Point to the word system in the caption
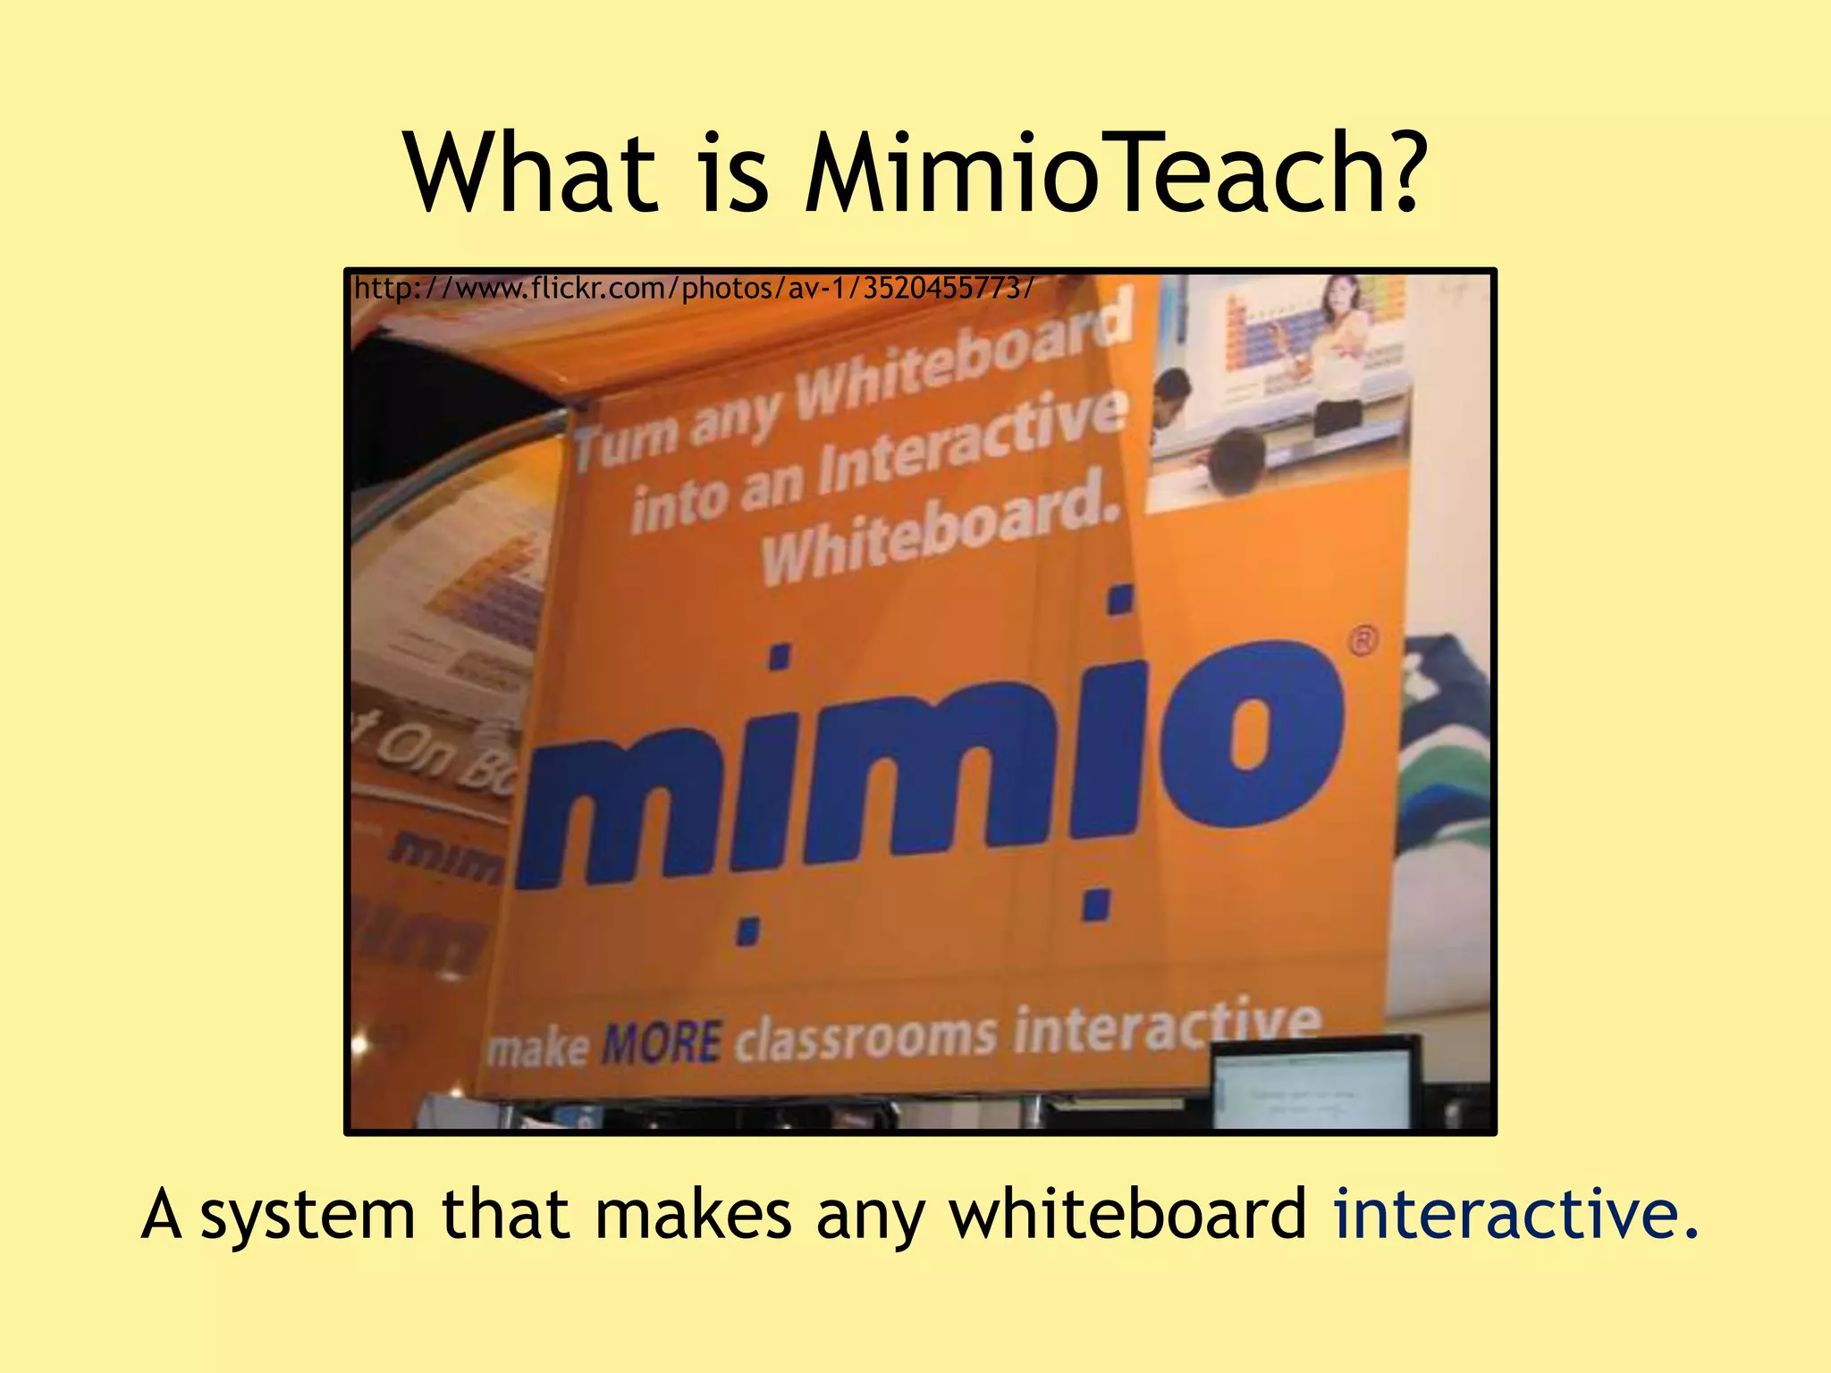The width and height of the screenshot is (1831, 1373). click(308, 1216)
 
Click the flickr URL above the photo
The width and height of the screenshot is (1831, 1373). click(694, 289)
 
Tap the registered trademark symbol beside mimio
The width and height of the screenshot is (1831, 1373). click(1363, 641)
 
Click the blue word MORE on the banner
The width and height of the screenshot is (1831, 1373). click(662, 1044)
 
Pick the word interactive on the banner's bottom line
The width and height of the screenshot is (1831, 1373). click(1167, 1028)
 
